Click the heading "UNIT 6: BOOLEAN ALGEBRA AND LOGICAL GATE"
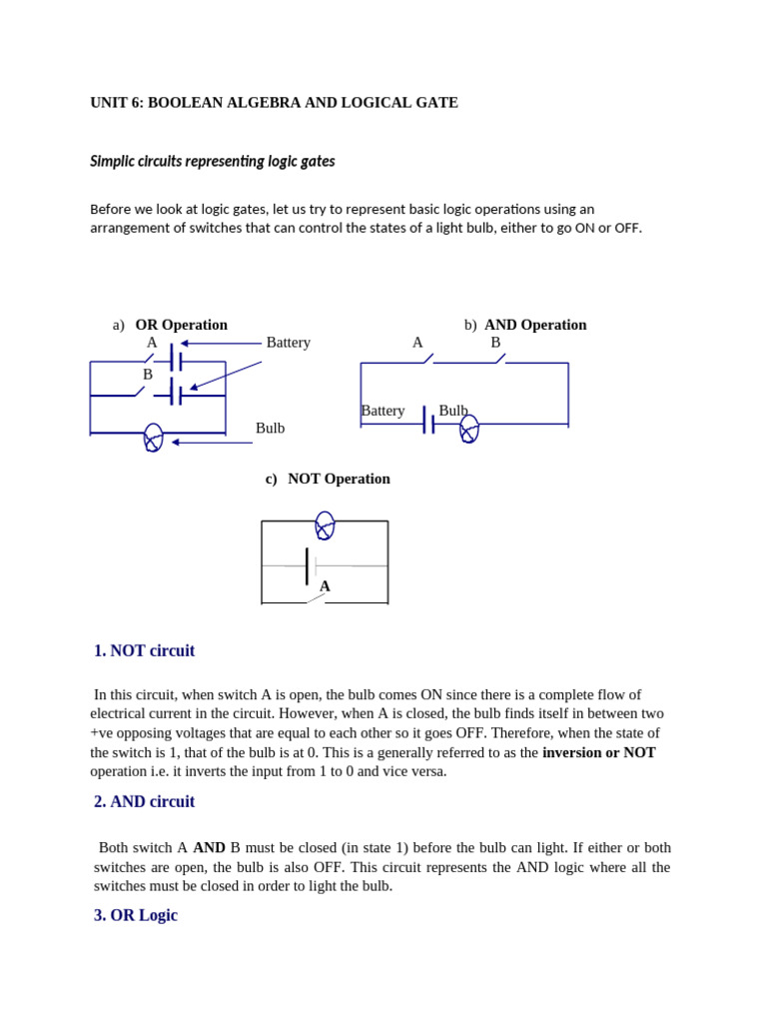pyautogui.click(x=274, y=103)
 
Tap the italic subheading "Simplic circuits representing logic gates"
pyautogui.click(x=213, y=161)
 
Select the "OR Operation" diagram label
pyautogui.click(x=181, y=325)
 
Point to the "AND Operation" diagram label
pyautogui.click(x=535, y=325)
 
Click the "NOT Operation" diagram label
pyautogui.click(x=339, y=479)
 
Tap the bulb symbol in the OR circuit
pyautogui.click(x=153, y=437)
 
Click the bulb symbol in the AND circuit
pyautogui.click(x=468, y=428)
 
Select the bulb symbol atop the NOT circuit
pyautogui.click(x=325, y=524)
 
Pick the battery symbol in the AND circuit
pyautogui.click(x=428, y=421)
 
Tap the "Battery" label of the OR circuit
pyautogui.click(x=288, y=343)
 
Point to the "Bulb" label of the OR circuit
pyautogui.click(x=270, y=429)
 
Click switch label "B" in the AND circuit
pyautogui.click(x=495, y=343)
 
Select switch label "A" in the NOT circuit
pyautogui.click(x=325, y=586)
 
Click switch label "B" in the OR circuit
pyautogui.click(x=148, y=375)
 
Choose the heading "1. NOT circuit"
pyautogui.click(x=144, y=651)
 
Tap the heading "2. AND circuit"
pyautogui.click(x=144, y=802)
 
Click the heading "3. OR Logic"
pyautogui.click(x=136, y=915)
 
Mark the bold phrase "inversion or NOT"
pyautogui.click(x=599, y=752)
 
